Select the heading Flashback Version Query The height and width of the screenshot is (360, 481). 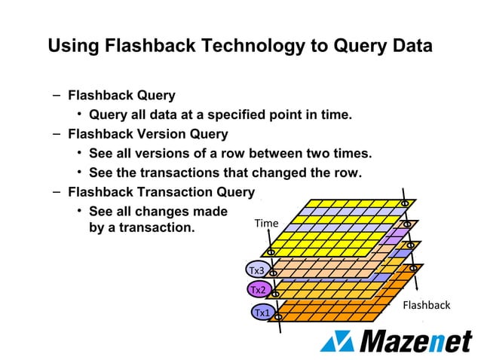click(x=148, y=134)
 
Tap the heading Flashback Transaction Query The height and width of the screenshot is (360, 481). click(x=161, y=192)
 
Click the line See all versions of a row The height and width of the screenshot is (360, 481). click(x=230, y=154)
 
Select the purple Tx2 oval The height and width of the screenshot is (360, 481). click(x=258, y=289)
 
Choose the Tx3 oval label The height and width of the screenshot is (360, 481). click(x=257, y=270)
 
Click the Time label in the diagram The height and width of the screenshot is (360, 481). click(x=267, y=223)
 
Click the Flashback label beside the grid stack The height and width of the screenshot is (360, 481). click(x=426, y=305)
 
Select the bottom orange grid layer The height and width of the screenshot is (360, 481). click(x=339, y=309)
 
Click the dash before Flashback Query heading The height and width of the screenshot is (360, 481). click(x=57, y=96)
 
